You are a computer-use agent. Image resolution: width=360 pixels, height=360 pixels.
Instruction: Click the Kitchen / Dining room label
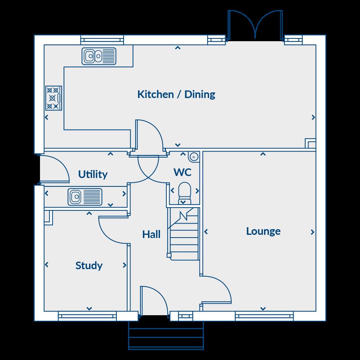pos(176,94)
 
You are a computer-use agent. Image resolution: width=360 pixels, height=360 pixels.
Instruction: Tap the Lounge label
pos(263,231)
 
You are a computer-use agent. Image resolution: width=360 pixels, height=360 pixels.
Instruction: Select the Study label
pos(89,266)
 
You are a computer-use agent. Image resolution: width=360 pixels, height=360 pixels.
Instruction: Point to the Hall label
pos(151,234)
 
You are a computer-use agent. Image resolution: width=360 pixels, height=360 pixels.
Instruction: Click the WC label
pos(182,172)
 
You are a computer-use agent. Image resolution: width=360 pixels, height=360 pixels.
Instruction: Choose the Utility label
pos(93,174)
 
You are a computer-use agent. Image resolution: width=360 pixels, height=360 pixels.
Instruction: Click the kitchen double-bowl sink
pos(99,56)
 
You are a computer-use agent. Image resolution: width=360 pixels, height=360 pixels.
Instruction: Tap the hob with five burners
pos(54,98)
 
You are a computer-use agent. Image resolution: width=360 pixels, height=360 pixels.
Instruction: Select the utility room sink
pos(85,197)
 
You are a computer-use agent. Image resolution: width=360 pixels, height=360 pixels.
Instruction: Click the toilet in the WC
pos(184,193)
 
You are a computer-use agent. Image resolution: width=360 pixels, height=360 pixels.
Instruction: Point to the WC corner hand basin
pos(194,156)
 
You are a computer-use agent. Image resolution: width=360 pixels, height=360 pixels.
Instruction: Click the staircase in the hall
pos(183,234)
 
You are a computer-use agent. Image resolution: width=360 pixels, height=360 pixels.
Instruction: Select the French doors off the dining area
pos(255,26)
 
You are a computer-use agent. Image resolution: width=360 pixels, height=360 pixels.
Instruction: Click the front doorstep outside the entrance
pos(166,336)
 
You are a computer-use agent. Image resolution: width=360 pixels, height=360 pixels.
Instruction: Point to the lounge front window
pos(264,316)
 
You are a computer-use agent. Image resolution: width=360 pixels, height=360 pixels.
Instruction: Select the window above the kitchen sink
pos(102,40)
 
